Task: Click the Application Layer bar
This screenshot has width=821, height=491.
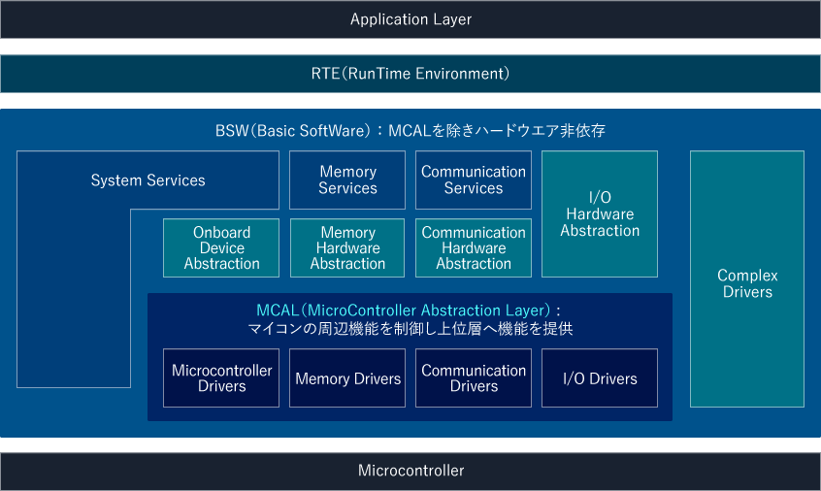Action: click(410, 19)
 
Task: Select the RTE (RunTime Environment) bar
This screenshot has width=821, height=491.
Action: click(410, 74)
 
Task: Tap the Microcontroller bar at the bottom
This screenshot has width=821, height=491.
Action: click(410, 471)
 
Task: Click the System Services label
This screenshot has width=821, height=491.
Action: click(148, 180)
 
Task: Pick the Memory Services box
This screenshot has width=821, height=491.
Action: click(347, 180)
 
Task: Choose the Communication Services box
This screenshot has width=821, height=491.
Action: click(474, 180)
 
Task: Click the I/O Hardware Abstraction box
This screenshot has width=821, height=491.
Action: click(600, 214)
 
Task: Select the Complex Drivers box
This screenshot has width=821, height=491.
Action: click(747, 283)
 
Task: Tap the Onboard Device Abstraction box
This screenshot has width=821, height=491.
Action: click(221, 248)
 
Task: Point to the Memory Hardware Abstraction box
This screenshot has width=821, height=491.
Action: click(347, 248)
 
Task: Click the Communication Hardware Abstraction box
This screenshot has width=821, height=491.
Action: click(474, 248)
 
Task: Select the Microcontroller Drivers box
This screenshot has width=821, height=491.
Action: click(221, 378)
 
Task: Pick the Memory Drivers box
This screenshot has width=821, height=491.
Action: click(347, 378)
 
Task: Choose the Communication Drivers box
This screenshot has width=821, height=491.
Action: click(474, 378)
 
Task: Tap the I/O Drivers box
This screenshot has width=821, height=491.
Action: click(600, 378)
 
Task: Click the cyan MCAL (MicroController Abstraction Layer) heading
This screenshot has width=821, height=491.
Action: click(409, 311)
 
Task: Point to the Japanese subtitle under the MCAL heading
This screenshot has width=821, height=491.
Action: click(410, 329)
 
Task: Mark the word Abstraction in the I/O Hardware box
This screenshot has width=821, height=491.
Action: click(600, 231)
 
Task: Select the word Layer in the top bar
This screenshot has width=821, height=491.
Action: click(451, 19)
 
